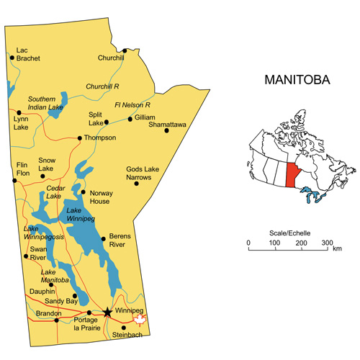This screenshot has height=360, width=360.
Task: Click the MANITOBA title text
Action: point(297,80)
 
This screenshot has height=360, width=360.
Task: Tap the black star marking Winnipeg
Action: point(107,312)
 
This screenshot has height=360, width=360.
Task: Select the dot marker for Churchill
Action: point(125,51)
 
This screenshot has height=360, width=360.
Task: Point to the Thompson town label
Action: point(99,138)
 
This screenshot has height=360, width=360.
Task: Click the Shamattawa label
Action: point(167,125)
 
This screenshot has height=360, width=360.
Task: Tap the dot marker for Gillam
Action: point(130,118)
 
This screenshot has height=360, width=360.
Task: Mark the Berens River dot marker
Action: point(104,238)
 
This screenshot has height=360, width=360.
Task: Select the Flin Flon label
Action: point(22,169)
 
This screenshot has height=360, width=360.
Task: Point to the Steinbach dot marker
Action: point(123,328)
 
